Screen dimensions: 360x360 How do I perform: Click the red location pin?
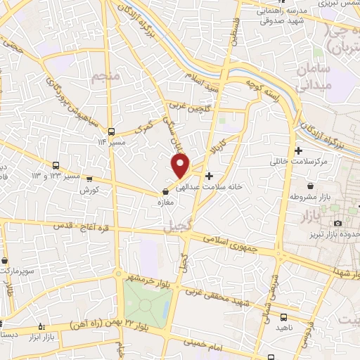pos(181,165)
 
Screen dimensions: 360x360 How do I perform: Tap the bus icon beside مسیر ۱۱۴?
pos(111,131)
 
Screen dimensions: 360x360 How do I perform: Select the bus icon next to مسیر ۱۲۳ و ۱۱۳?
pos(56,165)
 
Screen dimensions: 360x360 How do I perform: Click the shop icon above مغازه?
pos(166,191)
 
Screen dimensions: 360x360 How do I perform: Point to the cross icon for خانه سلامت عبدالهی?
pos(210,175)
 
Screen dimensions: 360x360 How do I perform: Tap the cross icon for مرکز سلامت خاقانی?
pos(299,150)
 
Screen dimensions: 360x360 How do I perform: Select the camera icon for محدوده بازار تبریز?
pos(337,223)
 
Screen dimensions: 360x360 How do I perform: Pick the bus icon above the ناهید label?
pos(283,317)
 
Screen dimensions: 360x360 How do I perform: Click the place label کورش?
pos(87,190)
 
